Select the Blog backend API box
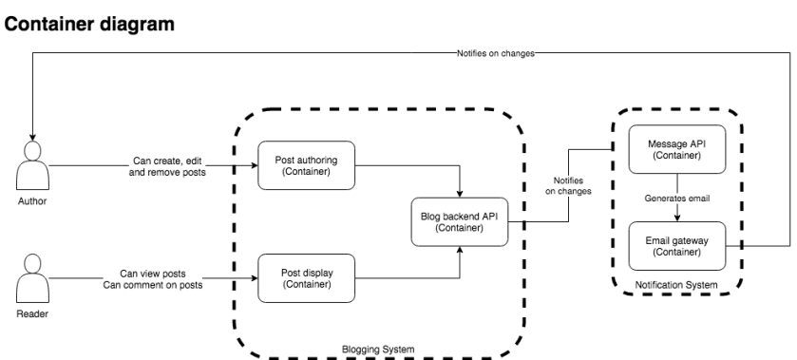[x=460, y=221]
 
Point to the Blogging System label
[x=376, y=350]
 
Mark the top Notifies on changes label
[x=489, y=53]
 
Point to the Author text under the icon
[x=32, y=201]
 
